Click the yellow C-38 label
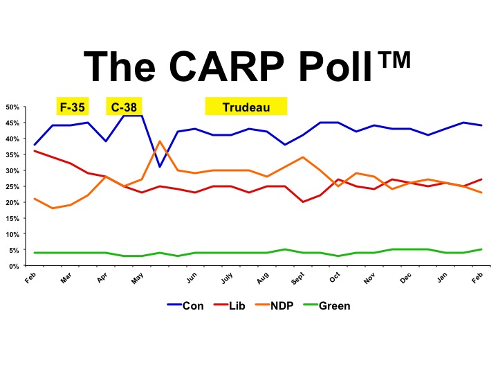tap(124, 107)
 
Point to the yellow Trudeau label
tap(246, 107)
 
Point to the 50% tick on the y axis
tap(13, 107)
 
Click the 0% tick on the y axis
tap(15, 267)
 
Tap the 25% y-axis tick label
tap(13, 187)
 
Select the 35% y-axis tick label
tap(13, 155)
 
